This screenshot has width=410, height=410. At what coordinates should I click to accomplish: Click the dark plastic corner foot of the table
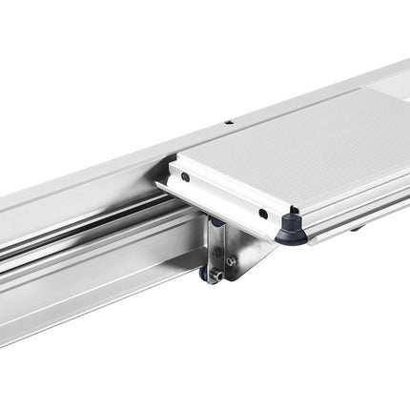point(292,229)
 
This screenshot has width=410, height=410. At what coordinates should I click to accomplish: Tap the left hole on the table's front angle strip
point(186,176)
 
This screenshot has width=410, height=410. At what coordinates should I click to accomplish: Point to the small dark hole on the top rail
point(229,122)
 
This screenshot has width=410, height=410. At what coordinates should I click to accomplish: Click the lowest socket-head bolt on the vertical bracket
point(216,277)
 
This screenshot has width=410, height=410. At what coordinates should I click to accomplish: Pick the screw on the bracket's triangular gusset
point(231,260)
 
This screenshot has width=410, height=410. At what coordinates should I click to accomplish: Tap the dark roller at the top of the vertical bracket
point(216,222)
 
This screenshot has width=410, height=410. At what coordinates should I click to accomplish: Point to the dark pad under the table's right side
point(355,227)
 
